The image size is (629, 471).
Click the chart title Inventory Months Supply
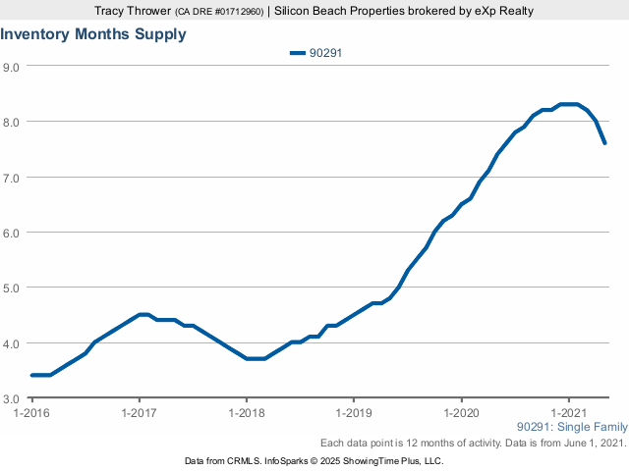93,34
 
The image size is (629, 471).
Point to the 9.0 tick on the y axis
13,67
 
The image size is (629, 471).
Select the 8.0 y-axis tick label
13,122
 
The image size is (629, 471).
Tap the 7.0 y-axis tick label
13,178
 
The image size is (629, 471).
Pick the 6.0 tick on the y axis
13,233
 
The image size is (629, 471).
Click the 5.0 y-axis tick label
13,288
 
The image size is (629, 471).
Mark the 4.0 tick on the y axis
13,343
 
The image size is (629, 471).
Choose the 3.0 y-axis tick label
13,399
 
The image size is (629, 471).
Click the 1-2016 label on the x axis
32,413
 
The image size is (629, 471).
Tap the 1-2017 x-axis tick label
140,413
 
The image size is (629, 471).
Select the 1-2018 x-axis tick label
247,413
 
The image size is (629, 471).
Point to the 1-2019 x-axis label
354,413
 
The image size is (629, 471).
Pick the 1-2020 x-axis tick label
461,413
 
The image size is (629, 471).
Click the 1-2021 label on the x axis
568,413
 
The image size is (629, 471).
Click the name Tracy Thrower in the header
132,10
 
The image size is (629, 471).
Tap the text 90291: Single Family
571,427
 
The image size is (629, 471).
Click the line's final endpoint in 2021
604,143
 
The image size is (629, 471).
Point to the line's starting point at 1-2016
32,375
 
